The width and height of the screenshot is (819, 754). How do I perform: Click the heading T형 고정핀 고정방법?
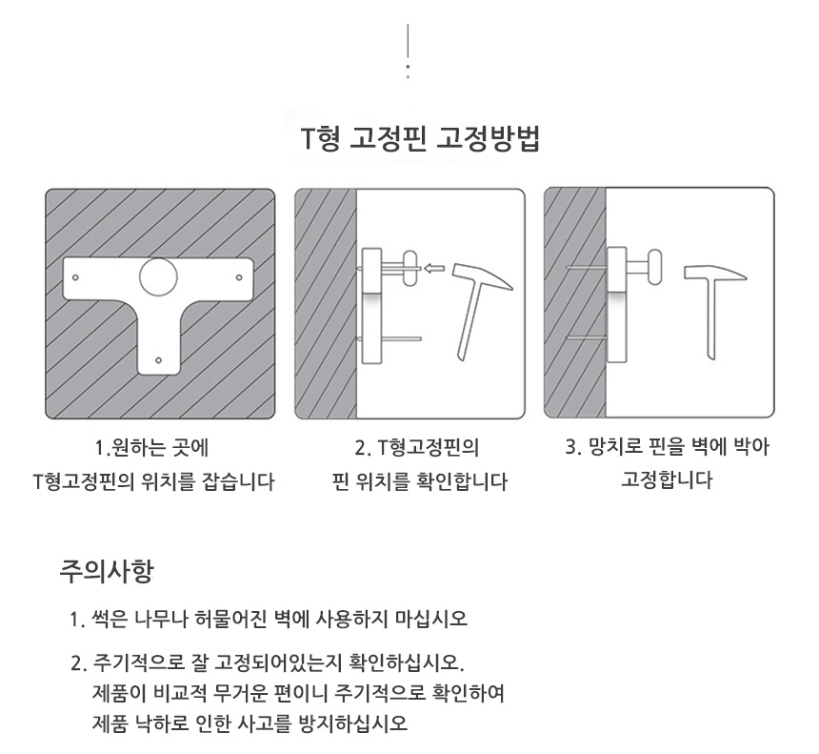click(421, 138)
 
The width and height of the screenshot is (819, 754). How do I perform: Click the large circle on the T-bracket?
click(158, 276)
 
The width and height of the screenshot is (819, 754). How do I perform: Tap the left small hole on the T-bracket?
click(75, 277)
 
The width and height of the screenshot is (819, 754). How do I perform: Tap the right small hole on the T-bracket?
click(239, 277)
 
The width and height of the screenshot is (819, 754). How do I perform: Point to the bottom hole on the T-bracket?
click(159, 360)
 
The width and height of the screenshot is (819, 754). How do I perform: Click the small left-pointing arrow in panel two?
click(433, 269)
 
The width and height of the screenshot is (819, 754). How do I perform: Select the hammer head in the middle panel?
click(482, 276)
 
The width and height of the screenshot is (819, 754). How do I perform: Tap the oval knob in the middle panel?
click(410, 268)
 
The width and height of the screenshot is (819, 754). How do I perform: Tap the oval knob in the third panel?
click(654, 267)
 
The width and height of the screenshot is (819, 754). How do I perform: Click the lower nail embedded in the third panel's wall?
click(586, 338)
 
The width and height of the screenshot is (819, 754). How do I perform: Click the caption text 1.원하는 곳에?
click(152, 448)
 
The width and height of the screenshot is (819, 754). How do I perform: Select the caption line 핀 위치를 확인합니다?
click(419, 481)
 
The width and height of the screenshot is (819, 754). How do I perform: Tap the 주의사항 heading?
click(106, 571)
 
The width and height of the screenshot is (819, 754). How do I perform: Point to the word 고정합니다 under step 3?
click(667, 480)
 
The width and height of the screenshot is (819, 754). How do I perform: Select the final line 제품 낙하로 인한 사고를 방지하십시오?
click(250, 723)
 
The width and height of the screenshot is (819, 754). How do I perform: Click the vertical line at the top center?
click(408, 41)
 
